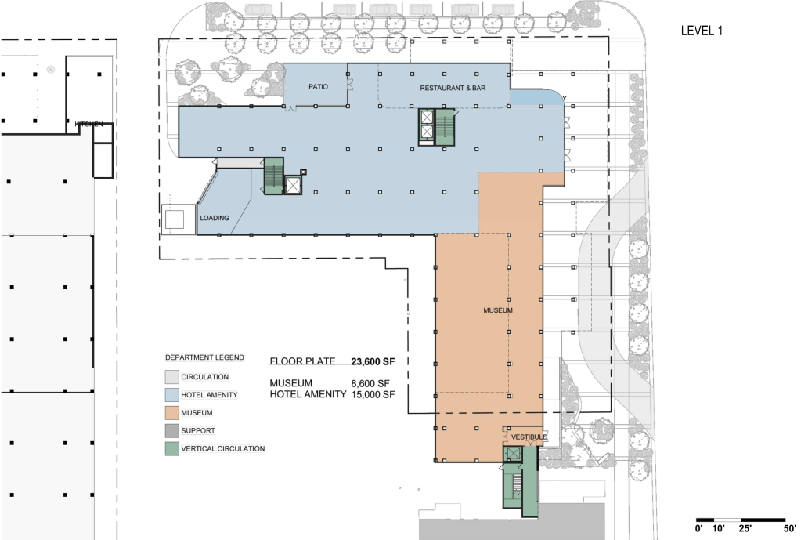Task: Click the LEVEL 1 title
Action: (x=702, y=31)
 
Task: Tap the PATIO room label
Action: (x=318, y=87)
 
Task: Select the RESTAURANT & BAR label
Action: (x=453, y=88)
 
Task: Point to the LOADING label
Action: (x=214, y=218)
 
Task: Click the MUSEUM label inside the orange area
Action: (x=498, y=310)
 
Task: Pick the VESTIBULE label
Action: (x=529, y=437)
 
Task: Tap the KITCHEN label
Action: (x=89, y=125)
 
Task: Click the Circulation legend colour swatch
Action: (x=171, y=377)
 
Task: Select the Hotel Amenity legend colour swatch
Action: (x=171, y=395)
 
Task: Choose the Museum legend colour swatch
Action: (x=171, y=413)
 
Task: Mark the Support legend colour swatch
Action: (x=171, y=430)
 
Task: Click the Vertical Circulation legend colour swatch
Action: (x=171, y=448)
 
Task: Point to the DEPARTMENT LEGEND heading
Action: (x=204, y=357)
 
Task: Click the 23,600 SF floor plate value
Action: (x=373, y=361)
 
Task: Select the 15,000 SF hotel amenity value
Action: (x=373, y=394)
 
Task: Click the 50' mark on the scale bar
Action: (x=790, y=528)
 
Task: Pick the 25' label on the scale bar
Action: (x=745, y=528)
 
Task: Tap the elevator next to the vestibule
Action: (x=512, y=453)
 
